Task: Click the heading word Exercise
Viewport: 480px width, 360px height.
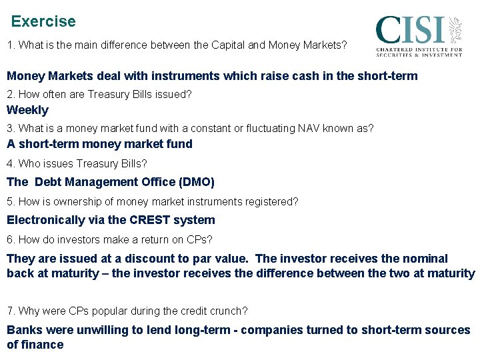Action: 43,21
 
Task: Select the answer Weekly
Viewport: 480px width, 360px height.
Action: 27,110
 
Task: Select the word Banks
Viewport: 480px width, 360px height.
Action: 23,330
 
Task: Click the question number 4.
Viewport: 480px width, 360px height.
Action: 10,163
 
